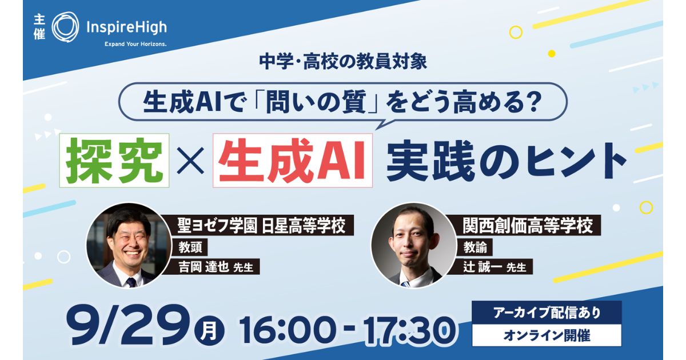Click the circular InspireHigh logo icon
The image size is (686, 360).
point(65,27)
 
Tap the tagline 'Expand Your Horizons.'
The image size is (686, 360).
point(135,44)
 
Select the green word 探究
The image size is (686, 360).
point(114,161)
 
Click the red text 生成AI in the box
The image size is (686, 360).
point(293,161)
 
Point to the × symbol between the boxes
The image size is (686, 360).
point(190,161)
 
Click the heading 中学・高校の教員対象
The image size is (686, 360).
point(342,62)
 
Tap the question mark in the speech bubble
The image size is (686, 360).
point(529,102)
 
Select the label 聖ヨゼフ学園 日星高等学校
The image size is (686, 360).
point(261,225)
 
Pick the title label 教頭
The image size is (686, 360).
point(190,247)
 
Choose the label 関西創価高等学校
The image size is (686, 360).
point(528,225)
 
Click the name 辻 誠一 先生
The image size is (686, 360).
point(495,267)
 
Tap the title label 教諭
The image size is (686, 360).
point(475,247)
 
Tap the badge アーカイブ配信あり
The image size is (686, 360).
point(547,313)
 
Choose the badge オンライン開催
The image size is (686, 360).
point(547,335)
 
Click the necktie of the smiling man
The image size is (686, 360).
point(131,282)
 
